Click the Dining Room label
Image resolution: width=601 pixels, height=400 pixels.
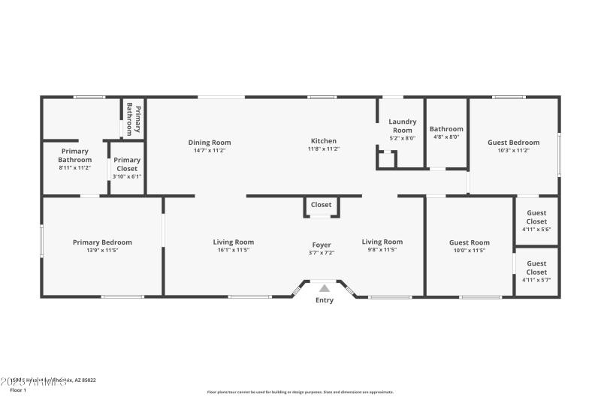click(x=210, y=143)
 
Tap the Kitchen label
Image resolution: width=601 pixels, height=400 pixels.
click(x=324, y=141)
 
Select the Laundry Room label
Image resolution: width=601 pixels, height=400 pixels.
click(x=402, y=125)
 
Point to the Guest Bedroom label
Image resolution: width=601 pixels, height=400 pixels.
click(x=513, y=143)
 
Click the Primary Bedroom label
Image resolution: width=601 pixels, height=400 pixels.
click(x=102, y=242)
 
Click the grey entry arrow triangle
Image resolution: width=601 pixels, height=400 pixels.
click(x=324, y=287)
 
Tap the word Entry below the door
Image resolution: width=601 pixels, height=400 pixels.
click(x=324, y=301)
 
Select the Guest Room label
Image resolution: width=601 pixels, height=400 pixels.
click(x=469, y=242)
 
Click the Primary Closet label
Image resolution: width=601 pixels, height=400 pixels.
click(x=127, y=164)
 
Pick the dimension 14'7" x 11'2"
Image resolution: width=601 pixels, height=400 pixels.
click(x=210, y=150)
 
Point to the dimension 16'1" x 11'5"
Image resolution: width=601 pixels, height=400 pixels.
click(x=234, y=250)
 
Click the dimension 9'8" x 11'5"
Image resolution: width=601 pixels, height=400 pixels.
click(x=382, y=250)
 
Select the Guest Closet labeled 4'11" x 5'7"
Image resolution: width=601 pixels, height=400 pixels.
click(x=536, y=267)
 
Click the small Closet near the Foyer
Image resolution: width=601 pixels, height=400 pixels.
click(x=322, y=204)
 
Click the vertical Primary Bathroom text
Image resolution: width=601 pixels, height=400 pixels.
click(x=134, y=119)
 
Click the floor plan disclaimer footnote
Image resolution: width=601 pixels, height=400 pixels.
click(x=300, y=392)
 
